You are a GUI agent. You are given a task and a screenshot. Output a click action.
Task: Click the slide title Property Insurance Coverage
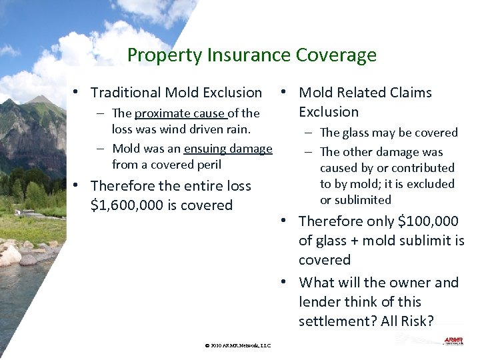point(252,55)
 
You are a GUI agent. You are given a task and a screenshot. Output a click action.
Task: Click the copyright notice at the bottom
point(239,345)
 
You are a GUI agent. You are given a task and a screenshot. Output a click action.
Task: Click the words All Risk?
point(407,321)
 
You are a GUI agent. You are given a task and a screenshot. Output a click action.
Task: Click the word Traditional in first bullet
point(125,93)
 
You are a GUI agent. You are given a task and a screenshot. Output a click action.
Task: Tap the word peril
point(208,165)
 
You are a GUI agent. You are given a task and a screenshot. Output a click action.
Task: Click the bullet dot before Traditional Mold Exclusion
point(77,93)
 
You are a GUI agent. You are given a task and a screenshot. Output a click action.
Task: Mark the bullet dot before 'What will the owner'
point(284,283)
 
